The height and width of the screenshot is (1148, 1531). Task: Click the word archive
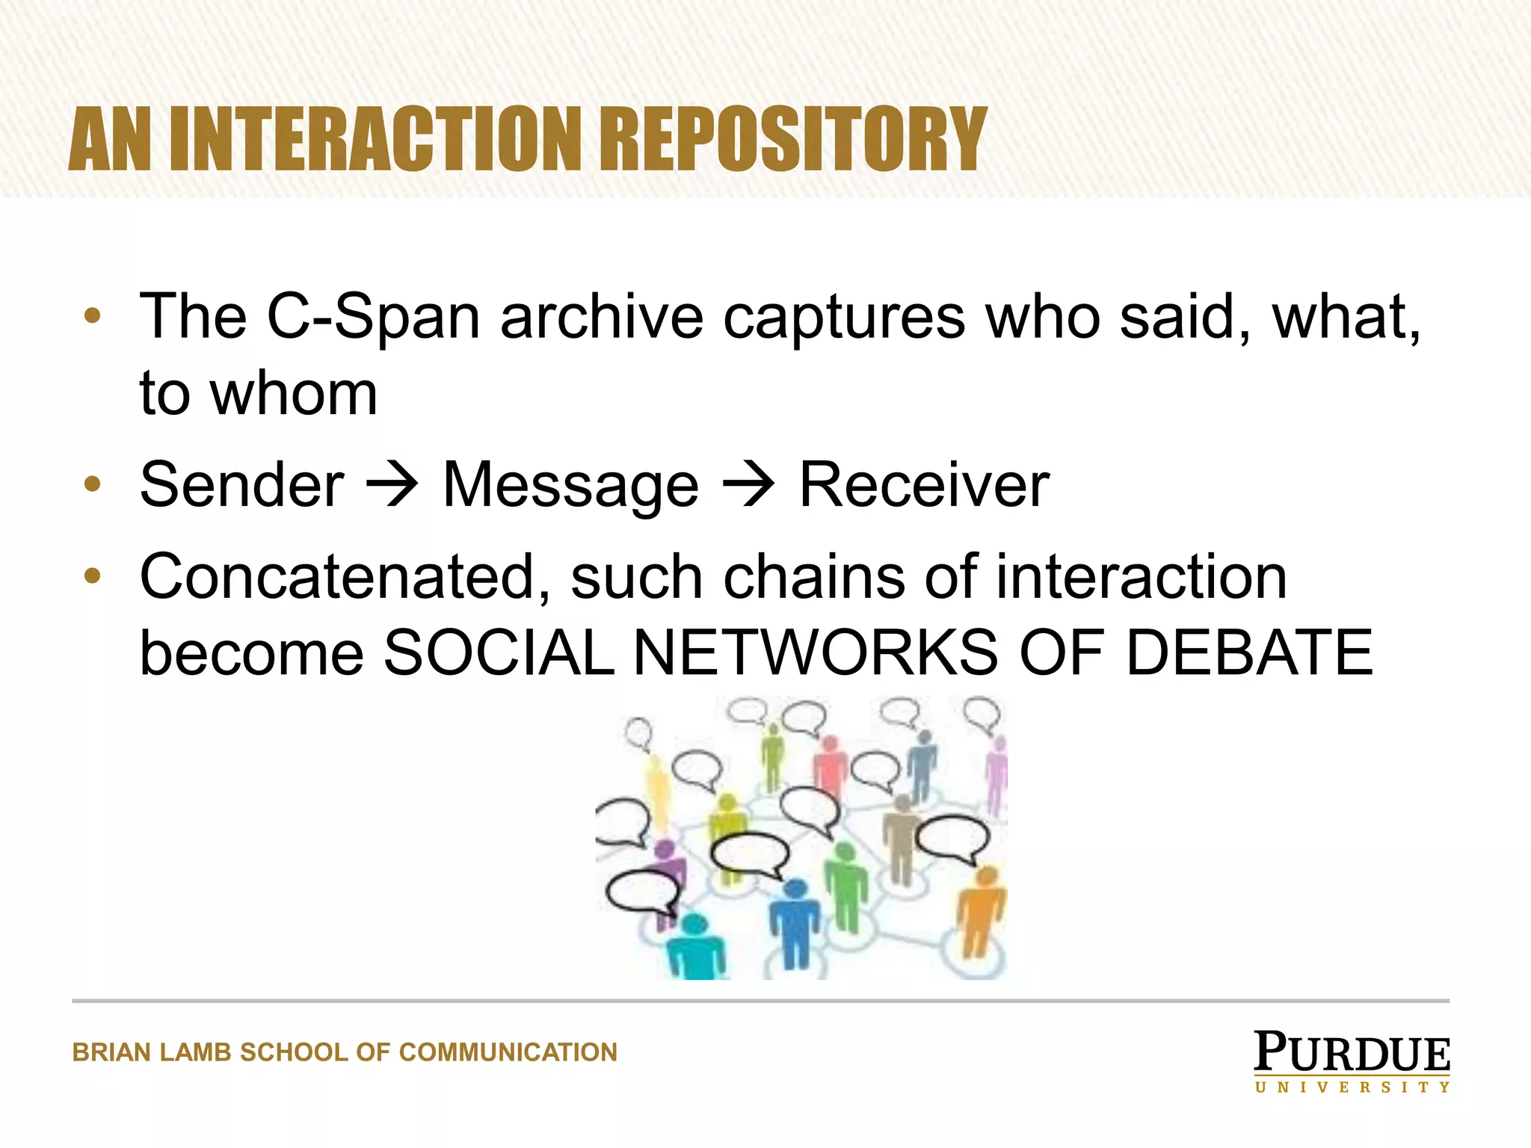602,317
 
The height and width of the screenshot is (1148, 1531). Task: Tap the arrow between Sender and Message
392,484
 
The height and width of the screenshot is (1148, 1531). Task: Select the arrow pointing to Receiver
749,484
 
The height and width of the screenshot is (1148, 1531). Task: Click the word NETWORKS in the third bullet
816,652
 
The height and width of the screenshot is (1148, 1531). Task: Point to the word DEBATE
1249,652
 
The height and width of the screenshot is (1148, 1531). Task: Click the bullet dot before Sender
93,484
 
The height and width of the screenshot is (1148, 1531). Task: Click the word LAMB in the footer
196,1052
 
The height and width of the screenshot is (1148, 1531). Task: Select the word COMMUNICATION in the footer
508,1052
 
